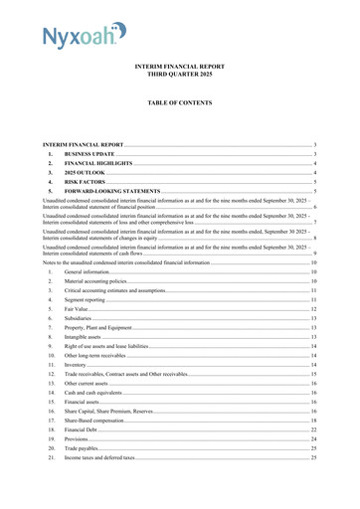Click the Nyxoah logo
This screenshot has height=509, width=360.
click(84, 37)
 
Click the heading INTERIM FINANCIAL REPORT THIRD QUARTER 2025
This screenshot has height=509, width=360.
click(179, 71)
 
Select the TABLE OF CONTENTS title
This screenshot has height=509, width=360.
click(179, 102)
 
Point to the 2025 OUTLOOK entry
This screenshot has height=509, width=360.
click(90, 173)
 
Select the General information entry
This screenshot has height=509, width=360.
click(87, 271)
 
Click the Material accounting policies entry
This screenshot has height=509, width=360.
click(95, 281)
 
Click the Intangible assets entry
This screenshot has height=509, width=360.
click(86, 337)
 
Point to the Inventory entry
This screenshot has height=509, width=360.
click(77, 365)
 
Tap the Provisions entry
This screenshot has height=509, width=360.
click(78, 438)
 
